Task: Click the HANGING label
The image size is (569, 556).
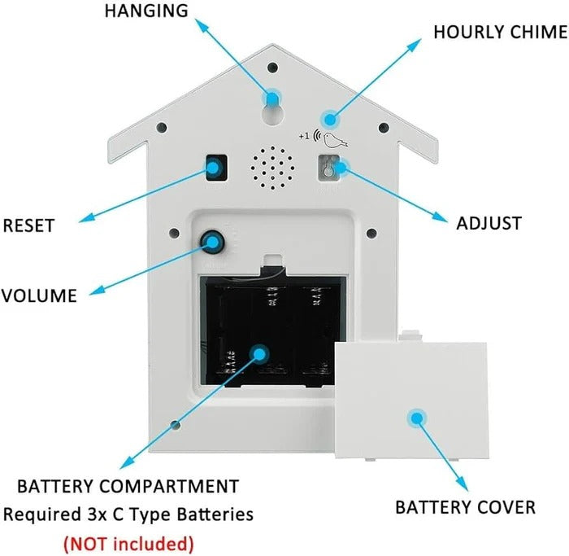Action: [146, 11]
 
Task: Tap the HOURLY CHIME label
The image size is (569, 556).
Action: [500, 33]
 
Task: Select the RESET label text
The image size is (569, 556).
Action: [30, 225]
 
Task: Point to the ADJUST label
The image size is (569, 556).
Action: [489, 223]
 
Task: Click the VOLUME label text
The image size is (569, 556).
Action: [38, 296]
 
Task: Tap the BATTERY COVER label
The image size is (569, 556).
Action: [465, 507]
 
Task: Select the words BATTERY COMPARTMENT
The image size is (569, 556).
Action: [128, 487]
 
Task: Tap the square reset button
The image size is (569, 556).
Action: [215, 168]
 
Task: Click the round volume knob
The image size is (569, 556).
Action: [214, 241]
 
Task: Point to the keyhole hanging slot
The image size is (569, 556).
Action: [271, 106]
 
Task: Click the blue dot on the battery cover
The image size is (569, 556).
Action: [417, 418]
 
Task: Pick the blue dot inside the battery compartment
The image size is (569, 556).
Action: [259, 353]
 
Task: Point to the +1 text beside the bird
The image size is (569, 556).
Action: [305, 135]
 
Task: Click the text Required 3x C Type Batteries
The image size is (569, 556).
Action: [128, 514]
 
